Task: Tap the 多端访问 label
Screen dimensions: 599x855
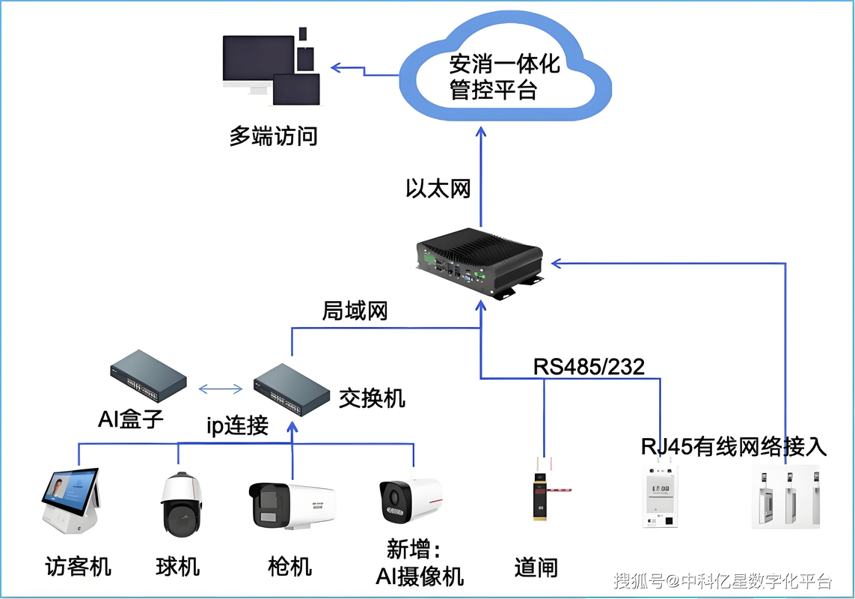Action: pyautogui.click(x=273, y=136)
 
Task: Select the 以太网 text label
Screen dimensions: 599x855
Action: pyautogui.click(x=438, y=188)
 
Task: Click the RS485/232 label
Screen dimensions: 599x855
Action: pyautogui.click(x=589, y=366)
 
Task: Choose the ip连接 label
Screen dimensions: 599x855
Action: pyautogui.click(x=237, y=425)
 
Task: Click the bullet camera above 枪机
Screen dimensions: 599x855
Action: pyautogui.click(x=291, y=506)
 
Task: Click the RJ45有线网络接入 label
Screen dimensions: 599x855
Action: pyautogui.click(x=734, y=446)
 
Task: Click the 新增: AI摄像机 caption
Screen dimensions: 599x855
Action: pyautogui.click(x=419, y=562)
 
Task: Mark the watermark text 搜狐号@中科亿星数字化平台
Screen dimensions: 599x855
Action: pyautogui.click(x=723, y=581)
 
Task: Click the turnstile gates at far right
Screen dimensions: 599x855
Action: pyautogui.click(x=785, y=497)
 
